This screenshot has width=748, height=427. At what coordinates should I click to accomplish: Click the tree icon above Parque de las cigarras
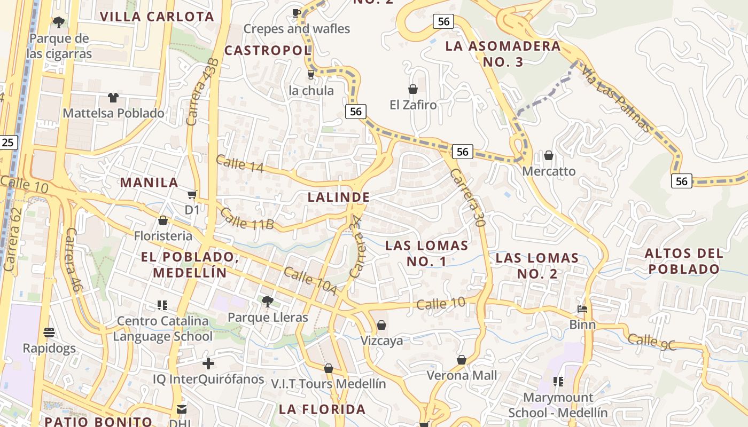[59, 22]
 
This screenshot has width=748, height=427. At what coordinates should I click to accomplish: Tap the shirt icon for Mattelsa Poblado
[113, 97]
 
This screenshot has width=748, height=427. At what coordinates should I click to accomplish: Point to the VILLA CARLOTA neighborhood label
[157, 17]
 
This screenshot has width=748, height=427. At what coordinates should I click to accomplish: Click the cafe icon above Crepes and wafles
[297, 13]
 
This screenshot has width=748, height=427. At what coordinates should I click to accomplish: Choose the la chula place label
[311, 90]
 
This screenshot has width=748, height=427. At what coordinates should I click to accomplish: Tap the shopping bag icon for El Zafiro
[413, 89]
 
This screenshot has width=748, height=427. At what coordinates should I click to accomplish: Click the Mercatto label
[549, 171]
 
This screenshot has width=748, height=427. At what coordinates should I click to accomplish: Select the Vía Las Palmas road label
[617, 99]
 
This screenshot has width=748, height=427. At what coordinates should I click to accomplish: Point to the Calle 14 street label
[240, 164]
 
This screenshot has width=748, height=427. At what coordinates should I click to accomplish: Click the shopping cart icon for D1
[192, 195]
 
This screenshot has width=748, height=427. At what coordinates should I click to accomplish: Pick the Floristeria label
[163, 235]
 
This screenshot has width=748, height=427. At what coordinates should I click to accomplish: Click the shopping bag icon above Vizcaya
[381, 325]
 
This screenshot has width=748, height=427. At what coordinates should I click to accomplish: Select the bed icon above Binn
[582, 309]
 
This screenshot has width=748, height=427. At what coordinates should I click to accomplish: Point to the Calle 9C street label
[652, 342]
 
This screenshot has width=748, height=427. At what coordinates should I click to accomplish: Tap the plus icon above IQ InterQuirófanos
[208, 364]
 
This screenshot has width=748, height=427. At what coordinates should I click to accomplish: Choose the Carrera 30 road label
[467, 198]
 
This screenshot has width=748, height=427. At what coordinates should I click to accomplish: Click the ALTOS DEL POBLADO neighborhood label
[684, 261]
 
